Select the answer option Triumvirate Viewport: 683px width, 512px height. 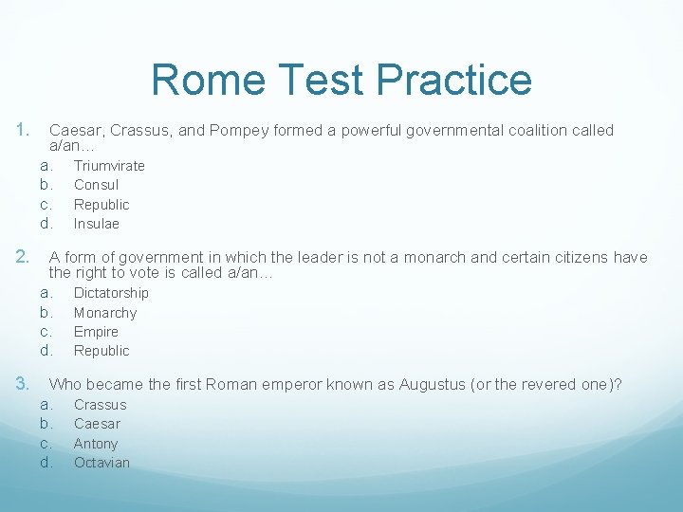coord(109,166)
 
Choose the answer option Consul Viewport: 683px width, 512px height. coord(96,185)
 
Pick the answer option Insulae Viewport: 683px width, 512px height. coord(96,224)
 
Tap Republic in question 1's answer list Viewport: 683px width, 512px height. coord(101,205)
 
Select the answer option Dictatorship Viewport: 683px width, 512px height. coord(111,293)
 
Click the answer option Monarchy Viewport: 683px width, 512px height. coord(104,313)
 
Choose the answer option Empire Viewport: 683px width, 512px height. coord(96,332)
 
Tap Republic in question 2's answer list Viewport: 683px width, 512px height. coord(101,351)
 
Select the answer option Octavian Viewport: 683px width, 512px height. coord(102,463)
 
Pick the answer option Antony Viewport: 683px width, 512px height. coord(96,444)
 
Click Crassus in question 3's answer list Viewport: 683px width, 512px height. coord(100,405)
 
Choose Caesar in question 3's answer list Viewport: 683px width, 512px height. coord(97,424)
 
